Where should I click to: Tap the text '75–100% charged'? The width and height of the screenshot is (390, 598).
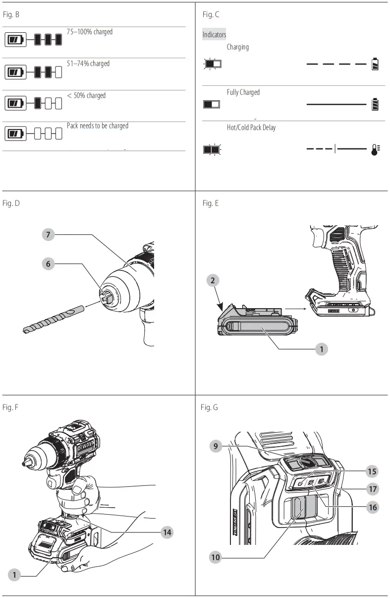[90, 32]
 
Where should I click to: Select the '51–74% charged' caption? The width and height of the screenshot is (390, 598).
[88, 64]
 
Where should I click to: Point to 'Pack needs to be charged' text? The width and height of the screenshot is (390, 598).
[98, 126]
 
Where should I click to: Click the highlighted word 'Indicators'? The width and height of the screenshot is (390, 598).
[214, 34]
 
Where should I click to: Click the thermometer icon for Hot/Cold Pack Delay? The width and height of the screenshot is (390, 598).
[375, 150]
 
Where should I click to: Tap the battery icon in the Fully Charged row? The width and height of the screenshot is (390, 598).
[375, 104]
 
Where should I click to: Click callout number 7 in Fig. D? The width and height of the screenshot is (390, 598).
[48, 235]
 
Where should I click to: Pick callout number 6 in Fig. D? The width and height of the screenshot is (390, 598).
[48, 264]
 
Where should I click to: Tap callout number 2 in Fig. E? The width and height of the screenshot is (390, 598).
[213, 280]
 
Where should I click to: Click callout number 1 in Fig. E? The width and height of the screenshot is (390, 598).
[322, 349]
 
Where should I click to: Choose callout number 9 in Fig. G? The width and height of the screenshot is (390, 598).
[216, 446]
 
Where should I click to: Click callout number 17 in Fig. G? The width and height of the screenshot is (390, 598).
[373, 489]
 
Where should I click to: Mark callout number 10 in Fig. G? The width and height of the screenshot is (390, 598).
[216, 557]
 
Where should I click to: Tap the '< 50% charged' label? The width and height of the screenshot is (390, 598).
[86, 95]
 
